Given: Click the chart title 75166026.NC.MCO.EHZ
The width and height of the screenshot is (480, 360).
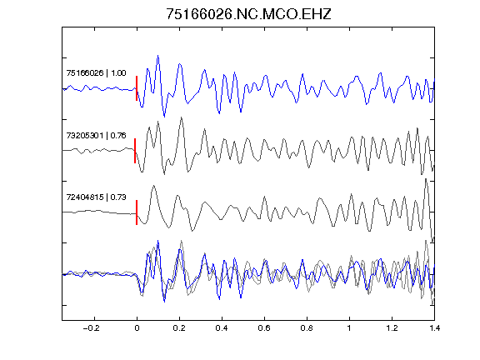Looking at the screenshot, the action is point(248,14).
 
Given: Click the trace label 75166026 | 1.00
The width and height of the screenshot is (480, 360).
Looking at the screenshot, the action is point(96,73).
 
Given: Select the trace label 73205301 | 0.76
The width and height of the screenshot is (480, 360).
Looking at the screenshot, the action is point(96,135).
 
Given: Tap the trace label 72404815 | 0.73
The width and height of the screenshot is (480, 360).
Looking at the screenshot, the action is point(96,197).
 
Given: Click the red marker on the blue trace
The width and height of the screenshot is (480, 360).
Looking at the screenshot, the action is point(137,88).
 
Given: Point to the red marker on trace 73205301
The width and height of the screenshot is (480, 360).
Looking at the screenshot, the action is point(135,151).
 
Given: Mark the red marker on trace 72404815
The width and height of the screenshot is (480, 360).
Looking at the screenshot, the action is point(137,212).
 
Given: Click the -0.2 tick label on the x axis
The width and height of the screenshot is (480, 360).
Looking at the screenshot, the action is point(92,328).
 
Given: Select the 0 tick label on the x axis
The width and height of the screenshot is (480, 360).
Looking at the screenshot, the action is point(137,328).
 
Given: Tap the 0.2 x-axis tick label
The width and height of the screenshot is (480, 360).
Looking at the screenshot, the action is point(179,328).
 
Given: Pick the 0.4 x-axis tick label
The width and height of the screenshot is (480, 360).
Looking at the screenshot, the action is point(222,328).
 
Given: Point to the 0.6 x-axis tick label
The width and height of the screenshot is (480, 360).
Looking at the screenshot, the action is point(264,328).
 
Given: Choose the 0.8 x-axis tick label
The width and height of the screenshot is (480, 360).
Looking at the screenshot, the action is point(307,328).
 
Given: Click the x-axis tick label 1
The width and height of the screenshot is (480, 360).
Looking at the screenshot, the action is point(349,328).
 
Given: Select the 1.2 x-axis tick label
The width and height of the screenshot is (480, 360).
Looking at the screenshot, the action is point(392,328).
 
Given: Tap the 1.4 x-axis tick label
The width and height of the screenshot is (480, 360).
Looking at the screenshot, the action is point(434,328).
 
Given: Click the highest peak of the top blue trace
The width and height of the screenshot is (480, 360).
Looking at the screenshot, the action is point(158,56).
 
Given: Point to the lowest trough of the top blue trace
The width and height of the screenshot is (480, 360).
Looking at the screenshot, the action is point(164,117).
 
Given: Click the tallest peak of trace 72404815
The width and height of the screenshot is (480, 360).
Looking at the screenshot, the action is point(426,179).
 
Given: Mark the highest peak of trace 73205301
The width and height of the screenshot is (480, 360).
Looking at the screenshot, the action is point(182,117).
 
